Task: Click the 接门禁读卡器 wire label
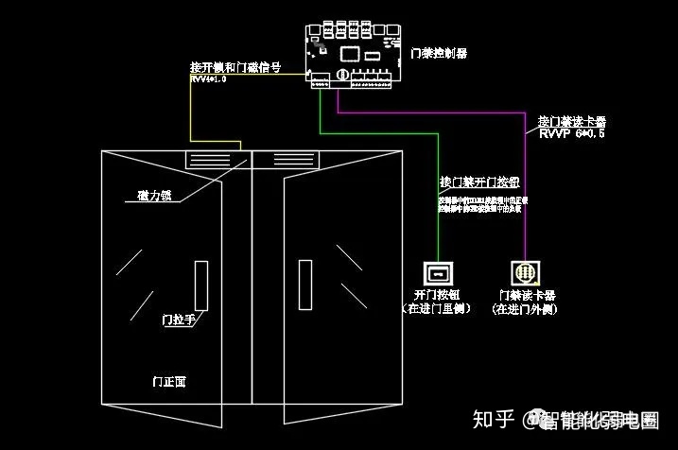click(x=571, y=121)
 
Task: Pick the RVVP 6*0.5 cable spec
click(x=571, y=134)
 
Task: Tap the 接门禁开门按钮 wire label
click(x=478, y=181)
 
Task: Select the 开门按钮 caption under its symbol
click(x=437, y=295)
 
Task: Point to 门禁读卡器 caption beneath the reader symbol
click(x=526, y=295)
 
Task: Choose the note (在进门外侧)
click(x=527, y=308)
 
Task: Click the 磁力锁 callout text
click(x=153, y=196)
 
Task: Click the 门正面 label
click(x=169, y=382)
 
